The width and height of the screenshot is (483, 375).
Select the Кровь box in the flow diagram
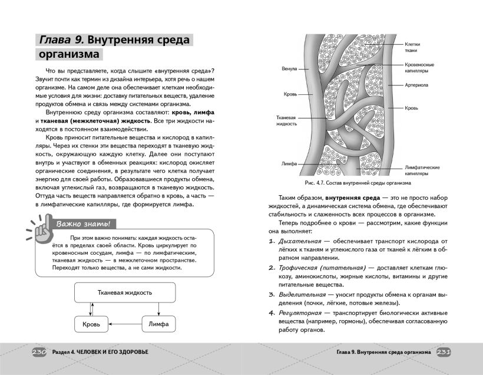pyautogui.click(x=91, y=324)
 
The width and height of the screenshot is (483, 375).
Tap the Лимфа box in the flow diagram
pyautogui.click(x=158, y=324)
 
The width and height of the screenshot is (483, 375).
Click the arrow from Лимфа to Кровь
pyautogui.click(x=125, y=324)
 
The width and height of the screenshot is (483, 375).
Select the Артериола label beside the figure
pyautogui.click(x=416, y=85)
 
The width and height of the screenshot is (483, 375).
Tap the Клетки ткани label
pyautogui.click(x=411, y=47)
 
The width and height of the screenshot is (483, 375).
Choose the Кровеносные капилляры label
pyautogui.click(x=419, y=67)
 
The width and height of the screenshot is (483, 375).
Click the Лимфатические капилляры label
pyautogui.click(x=422, y=171)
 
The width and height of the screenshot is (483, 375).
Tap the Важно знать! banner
pyautogui.click(x=82, y=224)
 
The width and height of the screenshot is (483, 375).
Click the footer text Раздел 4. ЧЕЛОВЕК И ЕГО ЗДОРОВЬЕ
pyautogui.click(x=100, y=352)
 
